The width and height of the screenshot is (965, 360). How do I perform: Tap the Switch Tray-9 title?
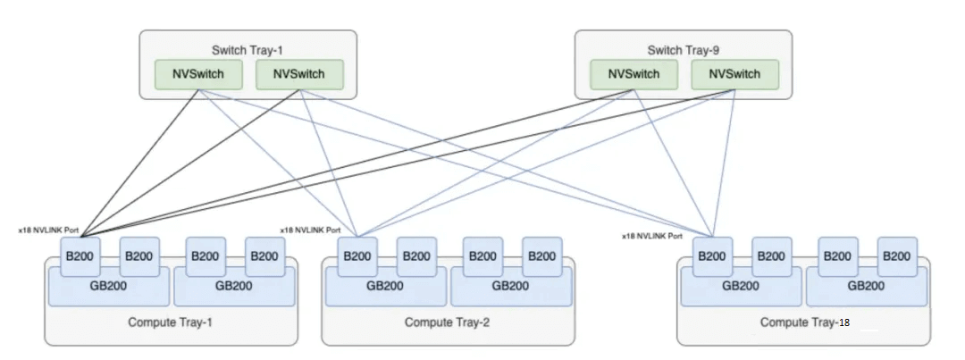pyautogui.click(x=682, y=49)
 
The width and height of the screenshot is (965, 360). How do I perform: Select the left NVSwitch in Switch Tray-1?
pyautogui.click(x=198, y=74)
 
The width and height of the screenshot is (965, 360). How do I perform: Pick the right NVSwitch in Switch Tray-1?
pyautogui.click(x=299, y=74)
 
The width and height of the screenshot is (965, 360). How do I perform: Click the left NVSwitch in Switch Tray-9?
pyautogui.click(x=634, y=74)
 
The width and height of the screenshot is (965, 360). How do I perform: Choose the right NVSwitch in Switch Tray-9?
pyautogui.click(x=734, y=74)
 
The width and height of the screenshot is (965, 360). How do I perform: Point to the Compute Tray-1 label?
pyautogui.click(x=171, y=322)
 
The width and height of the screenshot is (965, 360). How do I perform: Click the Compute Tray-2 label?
pyautogui.click(x=447, y=322)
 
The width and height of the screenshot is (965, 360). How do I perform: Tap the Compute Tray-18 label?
pyautogui.click(x=802, y=322)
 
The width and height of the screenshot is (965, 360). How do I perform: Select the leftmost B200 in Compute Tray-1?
pyautogui.click(x=80, y=255)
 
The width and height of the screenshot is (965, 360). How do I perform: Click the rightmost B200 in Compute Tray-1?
pyautogui.click(x=265, y=255)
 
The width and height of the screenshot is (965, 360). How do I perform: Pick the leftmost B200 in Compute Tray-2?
pyautogui.click(x=357, y=255)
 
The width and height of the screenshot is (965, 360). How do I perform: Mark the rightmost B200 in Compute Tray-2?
pyautogui.click(x=541, y=255)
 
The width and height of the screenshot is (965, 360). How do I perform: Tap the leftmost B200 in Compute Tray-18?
pyautogui.click(x=712, y=255)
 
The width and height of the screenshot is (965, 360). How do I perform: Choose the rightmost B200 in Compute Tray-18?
pyautogui.click(x=897, y=255)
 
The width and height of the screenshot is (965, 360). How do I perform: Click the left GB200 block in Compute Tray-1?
pyautogui.click(x=108, y=286)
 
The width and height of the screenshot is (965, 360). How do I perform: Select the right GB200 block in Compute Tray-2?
pyautogui.click(x=510, y=286)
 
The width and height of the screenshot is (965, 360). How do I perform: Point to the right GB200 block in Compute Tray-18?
pyautogui.click(x=866, y=286)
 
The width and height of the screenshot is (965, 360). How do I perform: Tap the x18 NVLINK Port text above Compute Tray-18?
pyautogui.click(x=652, y=236)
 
